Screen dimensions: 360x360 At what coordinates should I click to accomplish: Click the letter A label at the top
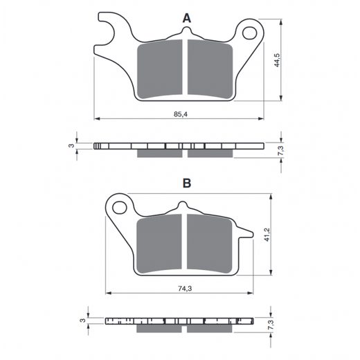187,18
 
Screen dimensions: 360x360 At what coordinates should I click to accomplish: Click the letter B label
187,183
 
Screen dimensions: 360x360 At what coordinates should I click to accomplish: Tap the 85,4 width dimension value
181,114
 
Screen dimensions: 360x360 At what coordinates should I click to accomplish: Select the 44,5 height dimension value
277,60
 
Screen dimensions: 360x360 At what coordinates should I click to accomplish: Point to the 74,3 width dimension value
185,289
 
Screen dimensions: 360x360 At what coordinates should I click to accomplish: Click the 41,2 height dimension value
267,235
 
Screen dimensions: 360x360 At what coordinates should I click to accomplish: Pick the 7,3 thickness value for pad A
282,151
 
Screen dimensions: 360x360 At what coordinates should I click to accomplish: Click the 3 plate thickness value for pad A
72,145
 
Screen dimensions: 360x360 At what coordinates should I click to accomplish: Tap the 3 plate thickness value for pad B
82,321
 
